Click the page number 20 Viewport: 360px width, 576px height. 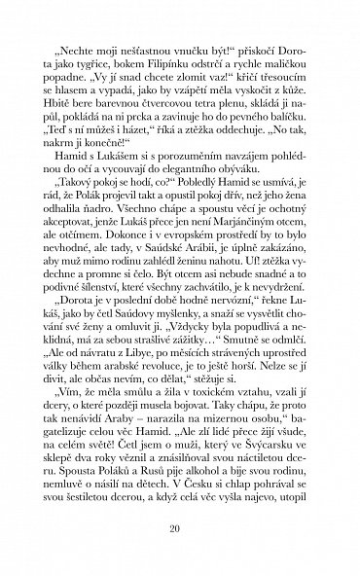pos(181,529)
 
